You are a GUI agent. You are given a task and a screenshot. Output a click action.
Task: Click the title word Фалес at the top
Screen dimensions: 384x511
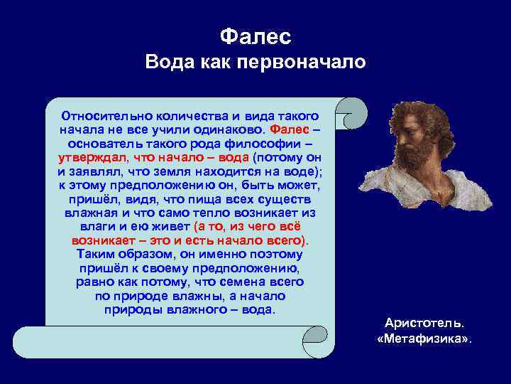pyautogui.click(x=255, y=36)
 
